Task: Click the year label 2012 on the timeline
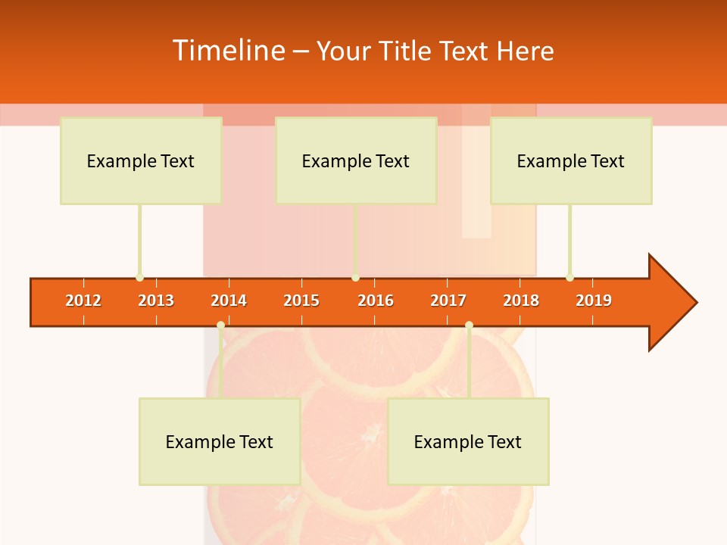pos(83,301)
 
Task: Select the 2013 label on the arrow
pos(156,301)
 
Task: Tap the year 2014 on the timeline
pos(229,301)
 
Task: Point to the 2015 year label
pos(301,301)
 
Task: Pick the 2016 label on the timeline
pos(376,301)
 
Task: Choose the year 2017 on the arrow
pos(448,301)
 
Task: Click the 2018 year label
pos(521,301)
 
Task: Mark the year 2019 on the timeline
pos(594,301)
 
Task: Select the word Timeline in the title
pos(227,51)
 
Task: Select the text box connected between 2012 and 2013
pos(141,160)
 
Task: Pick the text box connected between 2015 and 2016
pos(356,160)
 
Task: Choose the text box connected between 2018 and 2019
pos(571,160)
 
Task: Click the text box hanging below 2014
pos(220,441)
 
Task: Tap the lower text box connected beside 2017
pos(468,441)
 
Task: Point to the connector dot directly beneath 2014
pos(220,325)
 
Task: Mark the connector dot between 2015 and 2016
pos(355,278)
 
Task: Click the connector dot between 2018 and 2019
pos(569,278)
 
